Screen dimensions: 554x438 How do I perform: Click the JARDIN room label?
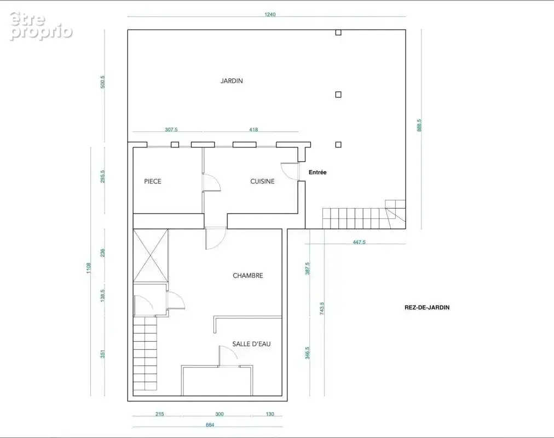232,81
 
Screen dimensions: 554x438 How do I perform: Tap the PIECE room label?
153,181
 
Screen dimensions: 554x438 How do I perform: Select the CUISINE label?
263,181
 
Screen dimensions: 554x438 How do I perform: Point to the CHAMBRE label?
248,275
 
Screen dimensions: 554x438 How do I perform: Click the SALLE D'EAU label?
252,344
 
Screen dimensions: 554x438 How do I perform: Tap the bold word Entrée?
318,172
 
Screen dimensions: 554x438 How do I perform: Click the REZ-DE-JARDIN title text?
427,308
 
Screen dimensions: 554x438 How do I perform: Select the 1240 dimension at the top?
270,14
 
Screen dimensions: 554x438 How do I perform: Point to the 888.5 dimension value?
419,125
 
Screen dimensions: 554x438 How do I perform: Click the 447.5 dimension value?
359,243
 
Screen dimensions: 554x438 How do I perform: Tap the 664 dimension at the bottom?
210,425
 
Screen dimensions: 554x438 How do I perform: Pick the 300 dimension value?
220,414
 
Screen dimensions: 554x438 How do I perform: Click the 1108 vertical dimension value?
89,268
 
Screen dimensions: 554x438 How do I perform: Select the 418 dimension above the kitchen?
253,130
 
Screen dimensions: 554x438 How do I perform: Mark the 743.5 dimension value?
322,308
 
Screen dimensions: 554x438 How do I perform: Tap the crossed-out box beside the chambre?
151,255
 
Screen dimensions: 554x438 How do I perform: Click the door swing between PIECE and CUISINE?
212,183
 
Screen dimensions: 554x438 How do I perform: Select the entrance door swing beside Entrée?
290,172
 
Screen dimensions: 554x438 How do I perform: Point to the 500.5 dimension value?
103,82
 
